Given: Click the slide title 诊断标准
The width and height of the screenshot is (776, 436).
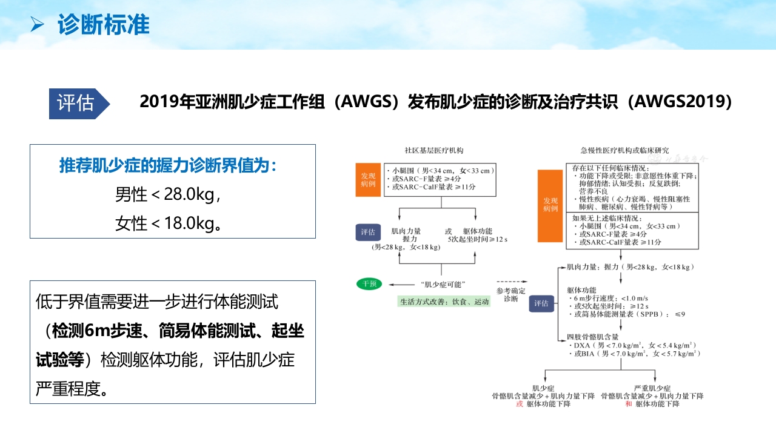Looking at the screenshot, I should click(104, 25).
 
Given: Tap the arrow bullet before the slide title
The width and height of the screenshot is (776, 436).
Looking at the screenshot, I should click(37, 25).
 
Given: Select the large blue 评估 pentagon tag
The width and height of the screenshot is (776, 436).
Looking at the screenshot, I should click(78, 103).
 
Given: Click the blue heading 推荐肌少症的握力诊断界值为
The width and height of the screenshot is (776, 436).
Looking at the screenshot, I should click(168, 165).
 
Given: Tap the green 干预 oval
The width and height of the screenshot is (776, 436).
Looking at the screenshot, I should click(370, 283).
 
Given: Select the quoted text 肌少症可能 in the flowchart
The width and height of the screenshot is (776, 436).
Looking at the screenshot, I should click(441, 284).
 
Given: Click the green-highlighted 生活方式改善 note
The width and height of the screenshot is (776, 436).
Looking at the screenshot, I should click(444, 302).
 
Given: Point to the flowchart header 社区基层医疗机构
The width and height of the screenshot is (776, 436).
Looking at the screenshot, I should click(438, 150).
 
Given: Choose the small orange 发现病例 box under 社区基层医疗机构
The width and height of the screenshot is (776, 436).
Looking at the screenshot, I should click(367, 179).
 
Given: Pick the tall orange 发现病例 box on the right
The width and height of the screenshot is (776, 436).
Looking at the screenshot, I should click(550, 205).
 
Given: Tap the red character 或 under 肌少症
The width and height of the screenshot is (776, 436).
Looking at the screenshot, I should click(519, 404).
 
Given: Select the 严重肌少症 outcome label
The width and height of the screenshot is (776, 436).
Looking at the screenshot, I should click(652, 388).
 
